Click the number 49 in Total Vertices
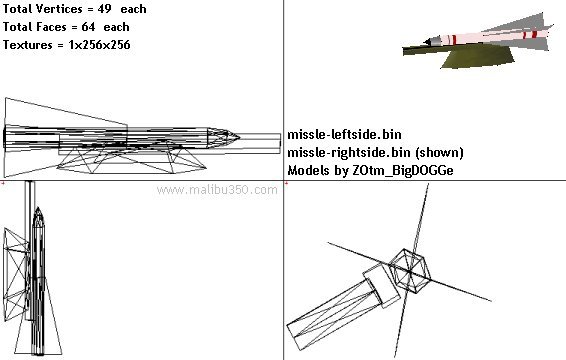click(104, 9)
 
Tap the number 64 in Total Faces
click(88, 27)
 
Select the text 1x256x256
click(99, 45)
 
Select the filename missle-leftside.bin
click(344, 135)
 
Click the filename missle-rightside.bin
click(349, 152)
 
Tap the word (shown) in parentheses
click(439, 152)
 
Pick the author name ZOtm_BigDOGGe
click(403, 170)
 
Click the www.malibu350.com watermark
click(217, 190)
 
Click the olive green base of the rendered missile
click(477, 58)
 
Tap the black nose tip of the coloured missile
click(427, 42)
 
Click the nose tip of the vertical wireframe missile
click(38, 208)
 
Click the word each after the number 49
click(133, 9)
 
